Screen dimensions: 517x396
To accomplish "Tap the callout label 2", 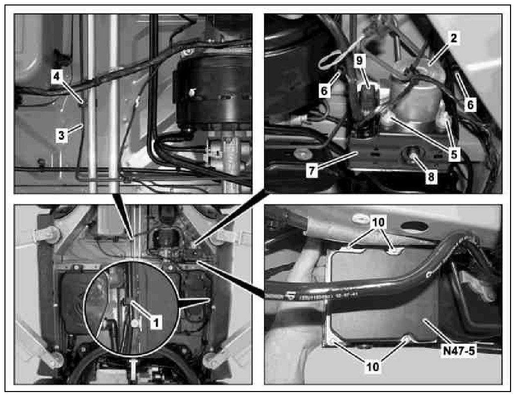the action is click(454, 38).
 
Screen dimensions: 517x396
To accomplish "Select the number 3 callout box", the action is click(62, 135).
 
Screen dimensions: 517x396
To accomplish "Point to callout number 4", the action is click(57, 77).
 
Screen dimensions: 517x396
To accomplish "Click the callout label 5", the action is click(454, 154).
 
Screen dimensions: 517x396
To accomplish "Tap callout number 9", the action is click(359, 60).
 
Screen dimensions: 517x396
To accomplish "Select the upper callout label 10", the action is click(378, 222).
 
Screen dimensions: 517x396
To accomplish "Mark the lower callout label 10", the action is click(373, 367).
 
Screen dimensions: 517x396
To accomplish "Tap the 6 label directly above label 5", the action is click(470, 104).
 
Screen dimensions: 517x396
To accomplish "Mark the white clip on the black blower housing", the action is click(192, 93).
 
